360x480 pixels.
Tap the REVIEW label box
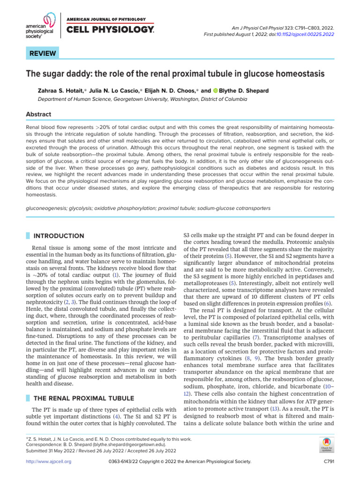tap(43, 53)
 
